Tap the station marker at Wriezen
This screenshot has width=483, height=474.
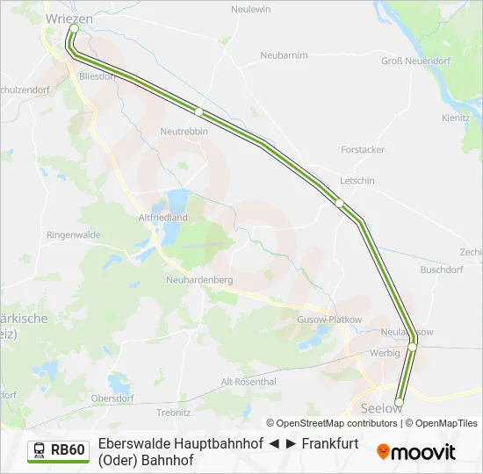coord(74,29)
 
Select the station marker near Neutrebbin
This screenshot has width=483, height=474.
coord(199,111)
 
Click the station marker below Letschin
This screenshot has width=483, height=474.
coord(339,203)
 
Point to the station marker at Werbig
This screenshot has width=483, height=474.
coord(412,348)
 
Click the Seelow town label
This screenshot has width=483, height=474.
coord(382,408)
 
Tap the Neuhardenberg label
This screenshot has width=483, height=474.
coord(198,280)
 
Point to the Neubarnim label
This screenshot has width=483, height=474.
coord(284,54)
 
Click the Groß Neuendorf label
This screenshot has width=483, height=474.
coord(415,61)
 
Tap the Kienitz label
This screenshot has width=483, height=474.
coord(456,117)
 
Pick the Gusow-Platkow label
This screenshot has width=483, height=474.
coord(330,320)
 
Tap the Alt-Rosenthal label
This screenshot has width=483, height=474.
coord(249,382)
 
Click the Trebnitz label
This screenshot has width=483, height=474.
coord(173,412)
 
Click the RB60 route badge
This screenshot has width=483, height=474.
coord(58,450)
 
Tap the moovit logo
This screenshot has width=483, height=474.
coord(416,452)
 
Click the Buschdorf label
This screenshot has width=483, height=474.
coord(442,270)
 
